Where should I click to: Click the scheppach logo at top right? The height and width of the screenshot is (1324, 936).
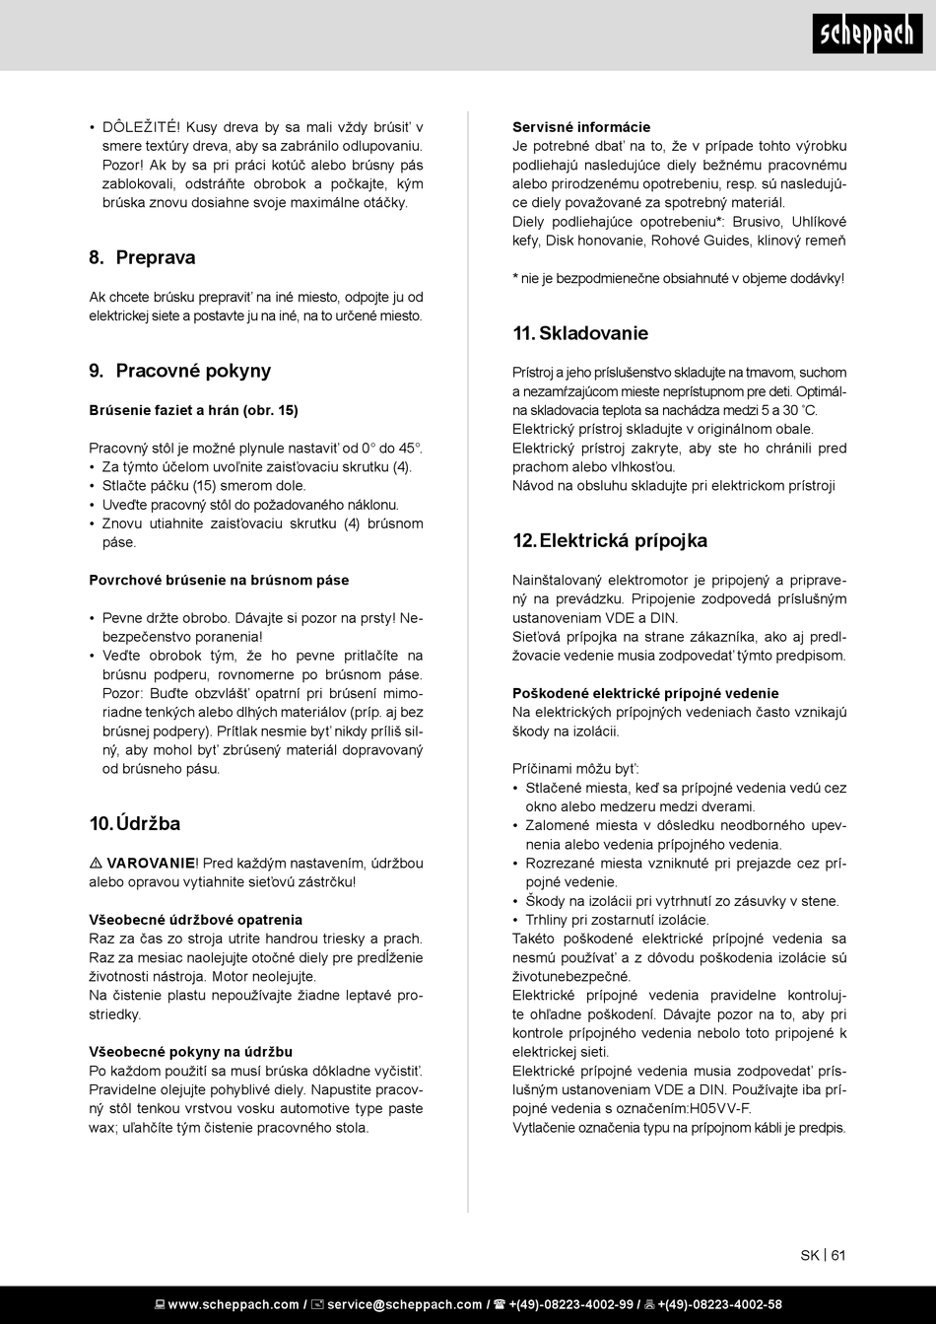pos(868,35)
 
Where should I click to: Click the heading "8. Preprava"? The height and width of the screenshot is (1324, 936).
pos(142,258)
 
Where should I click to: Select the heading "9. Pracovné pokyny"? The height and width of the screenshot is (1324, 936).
pos(179,372)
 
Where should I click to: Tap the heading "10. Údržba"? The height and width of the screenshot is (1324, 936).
pos(135,824)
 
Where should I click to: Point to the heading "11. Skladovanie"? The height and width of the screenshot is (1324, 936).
pos(580,334)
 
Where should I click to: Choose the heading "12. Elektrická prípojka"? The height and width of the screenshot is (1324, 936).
pos(610,541)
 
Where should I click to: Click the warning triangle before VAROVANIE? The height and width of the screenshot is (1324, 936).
pos(96,864)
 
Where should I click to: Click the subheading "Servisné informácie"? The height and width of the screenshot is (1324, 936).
pos(581,127)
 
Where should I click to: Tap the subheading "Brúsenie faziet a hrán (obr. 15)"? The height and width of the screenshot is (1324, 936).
pos(193,410)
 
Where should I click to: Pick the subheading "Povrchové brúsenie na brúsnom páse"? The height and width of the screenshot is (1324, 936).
pos(219,581)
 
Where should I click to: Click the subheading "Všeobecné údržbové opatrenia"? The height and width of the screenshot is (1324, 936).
pos(196,920)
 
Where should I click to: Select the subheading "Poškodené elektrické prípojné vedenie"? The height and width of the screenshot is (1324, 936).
pos(645,694)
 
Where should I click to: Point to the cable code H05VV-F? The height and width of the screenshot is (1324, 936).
pos(718,1109)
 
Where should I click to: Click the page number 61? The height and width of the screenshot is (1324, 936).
pos(838,1256)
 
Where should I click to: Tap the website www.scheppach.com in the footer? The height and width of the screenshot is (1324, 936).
pos(233,1305)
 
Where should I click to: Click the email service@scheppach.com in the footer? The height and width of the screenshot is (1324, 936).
pos(404,1305)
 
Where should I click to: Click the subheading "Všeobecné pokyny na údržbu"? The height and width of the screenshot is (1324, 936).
pos(190,1052)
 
